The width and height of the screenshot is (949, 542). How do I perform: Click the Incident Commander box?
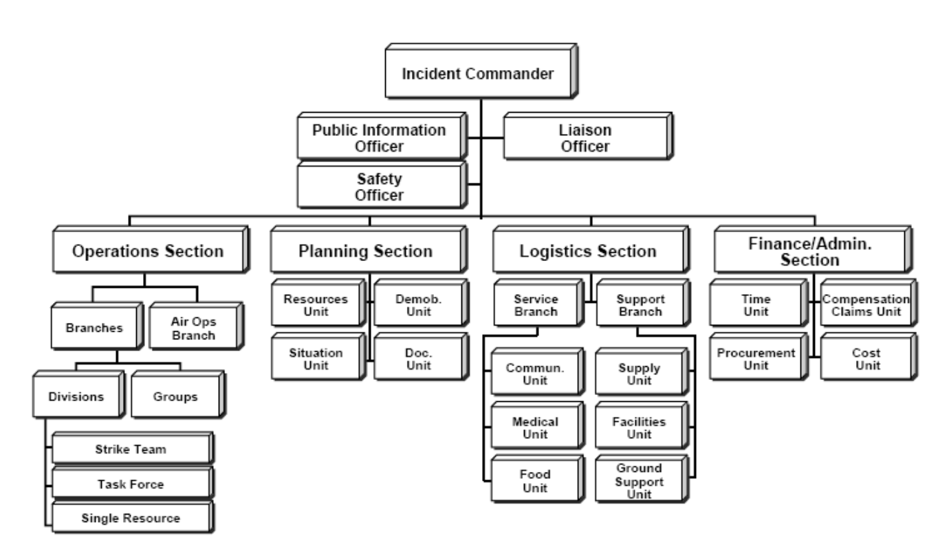click(x=478, y=74)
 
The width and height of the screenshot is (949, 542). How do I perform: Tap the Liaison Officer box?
click(x=585, y=137)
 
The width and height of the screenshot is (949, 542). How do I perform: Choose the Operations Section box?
click(x=148, y=251)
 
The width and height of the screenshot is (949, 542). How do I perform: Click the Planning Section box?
click(x=365, y=251)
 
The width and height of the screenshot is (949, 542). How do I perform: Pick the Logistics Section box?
click(x=588, y=251)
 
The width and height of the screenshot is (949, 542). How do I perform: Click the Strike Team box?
click(x=130, y=450)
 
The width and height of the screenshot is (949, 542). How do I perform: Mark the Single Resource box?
click(x=130, y=519)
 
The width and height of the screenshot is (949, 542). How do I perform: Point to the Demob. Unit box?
click(x=413, y=305)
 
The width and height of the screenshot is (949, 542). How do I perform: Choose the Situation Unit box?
click(x=316, y=359)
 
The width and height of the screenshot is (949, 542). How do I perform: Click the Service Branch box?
click(x=536, y=306)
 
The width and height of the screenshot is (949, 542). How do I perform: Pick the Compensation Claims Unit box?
click(x=865, y=305)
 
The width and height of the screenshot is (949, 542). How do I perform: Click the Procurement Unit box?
click(x=755, y=359)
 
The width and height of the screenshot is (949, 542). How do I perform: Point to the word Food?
click(x=535, y=474)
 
